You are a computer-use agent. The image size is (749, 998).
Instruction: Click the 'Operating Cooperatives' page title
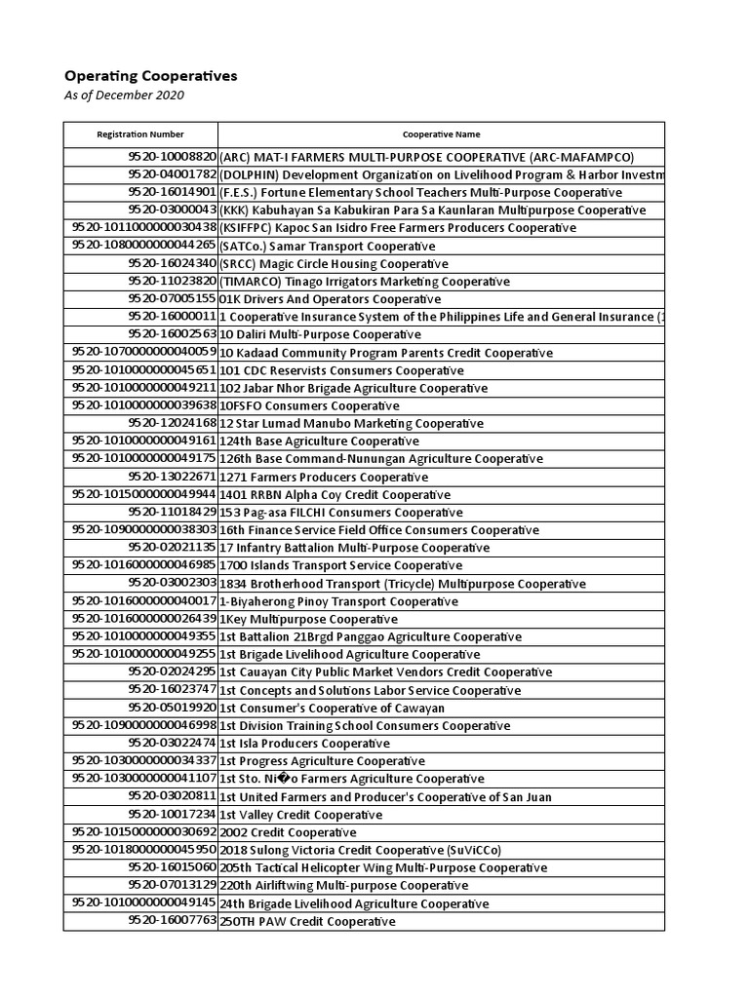pos(150,76)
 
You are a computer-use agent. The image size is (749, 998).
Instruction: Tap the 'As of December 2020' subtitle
pos(124,96)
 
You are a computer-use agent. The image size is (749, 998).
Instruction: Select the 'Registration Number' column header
pos(140,134)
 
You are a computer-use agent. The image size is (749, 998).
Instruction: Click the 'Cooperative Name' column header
pos(441,134)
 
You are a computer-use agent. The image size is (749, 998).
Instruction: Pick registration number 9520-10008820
pos(172,157)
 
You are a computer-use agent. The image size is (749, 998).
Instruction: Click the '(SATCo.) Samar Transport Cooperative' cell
pos(327,246)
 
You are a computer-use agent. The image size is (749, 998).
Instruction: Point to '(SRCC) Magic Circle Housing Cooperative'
pos(334,263)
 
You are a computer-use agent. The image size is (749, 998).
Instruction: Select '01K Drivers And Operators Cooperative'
pos(317,299)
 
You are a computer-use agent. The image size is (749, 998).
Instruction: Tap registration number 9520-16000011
pos(172,317)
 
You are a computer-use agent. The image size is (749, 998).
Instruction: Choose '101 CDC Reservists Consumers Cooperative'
pos(340,370)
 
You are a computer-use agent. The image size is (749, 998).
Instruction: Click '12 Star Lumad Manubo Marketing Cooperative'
pos(351,424)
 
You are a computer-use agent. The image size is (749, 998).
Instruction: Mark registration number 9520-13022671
pos(172,477)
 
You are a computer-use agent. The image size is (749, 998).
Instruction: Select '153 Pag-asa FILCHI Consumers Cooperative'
pos(340,513)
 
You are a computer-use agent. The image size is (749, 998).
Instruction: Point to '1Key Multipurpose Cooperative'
pos(308,619)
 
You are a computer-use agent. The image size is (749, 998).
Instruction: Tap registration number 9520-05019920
pos(172,708)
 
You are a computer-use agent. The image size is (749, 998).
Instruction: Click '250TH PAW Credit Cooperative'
pos(307,921)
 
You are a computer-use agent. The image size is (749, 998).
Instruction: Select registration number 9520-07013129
pos(172,886)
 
